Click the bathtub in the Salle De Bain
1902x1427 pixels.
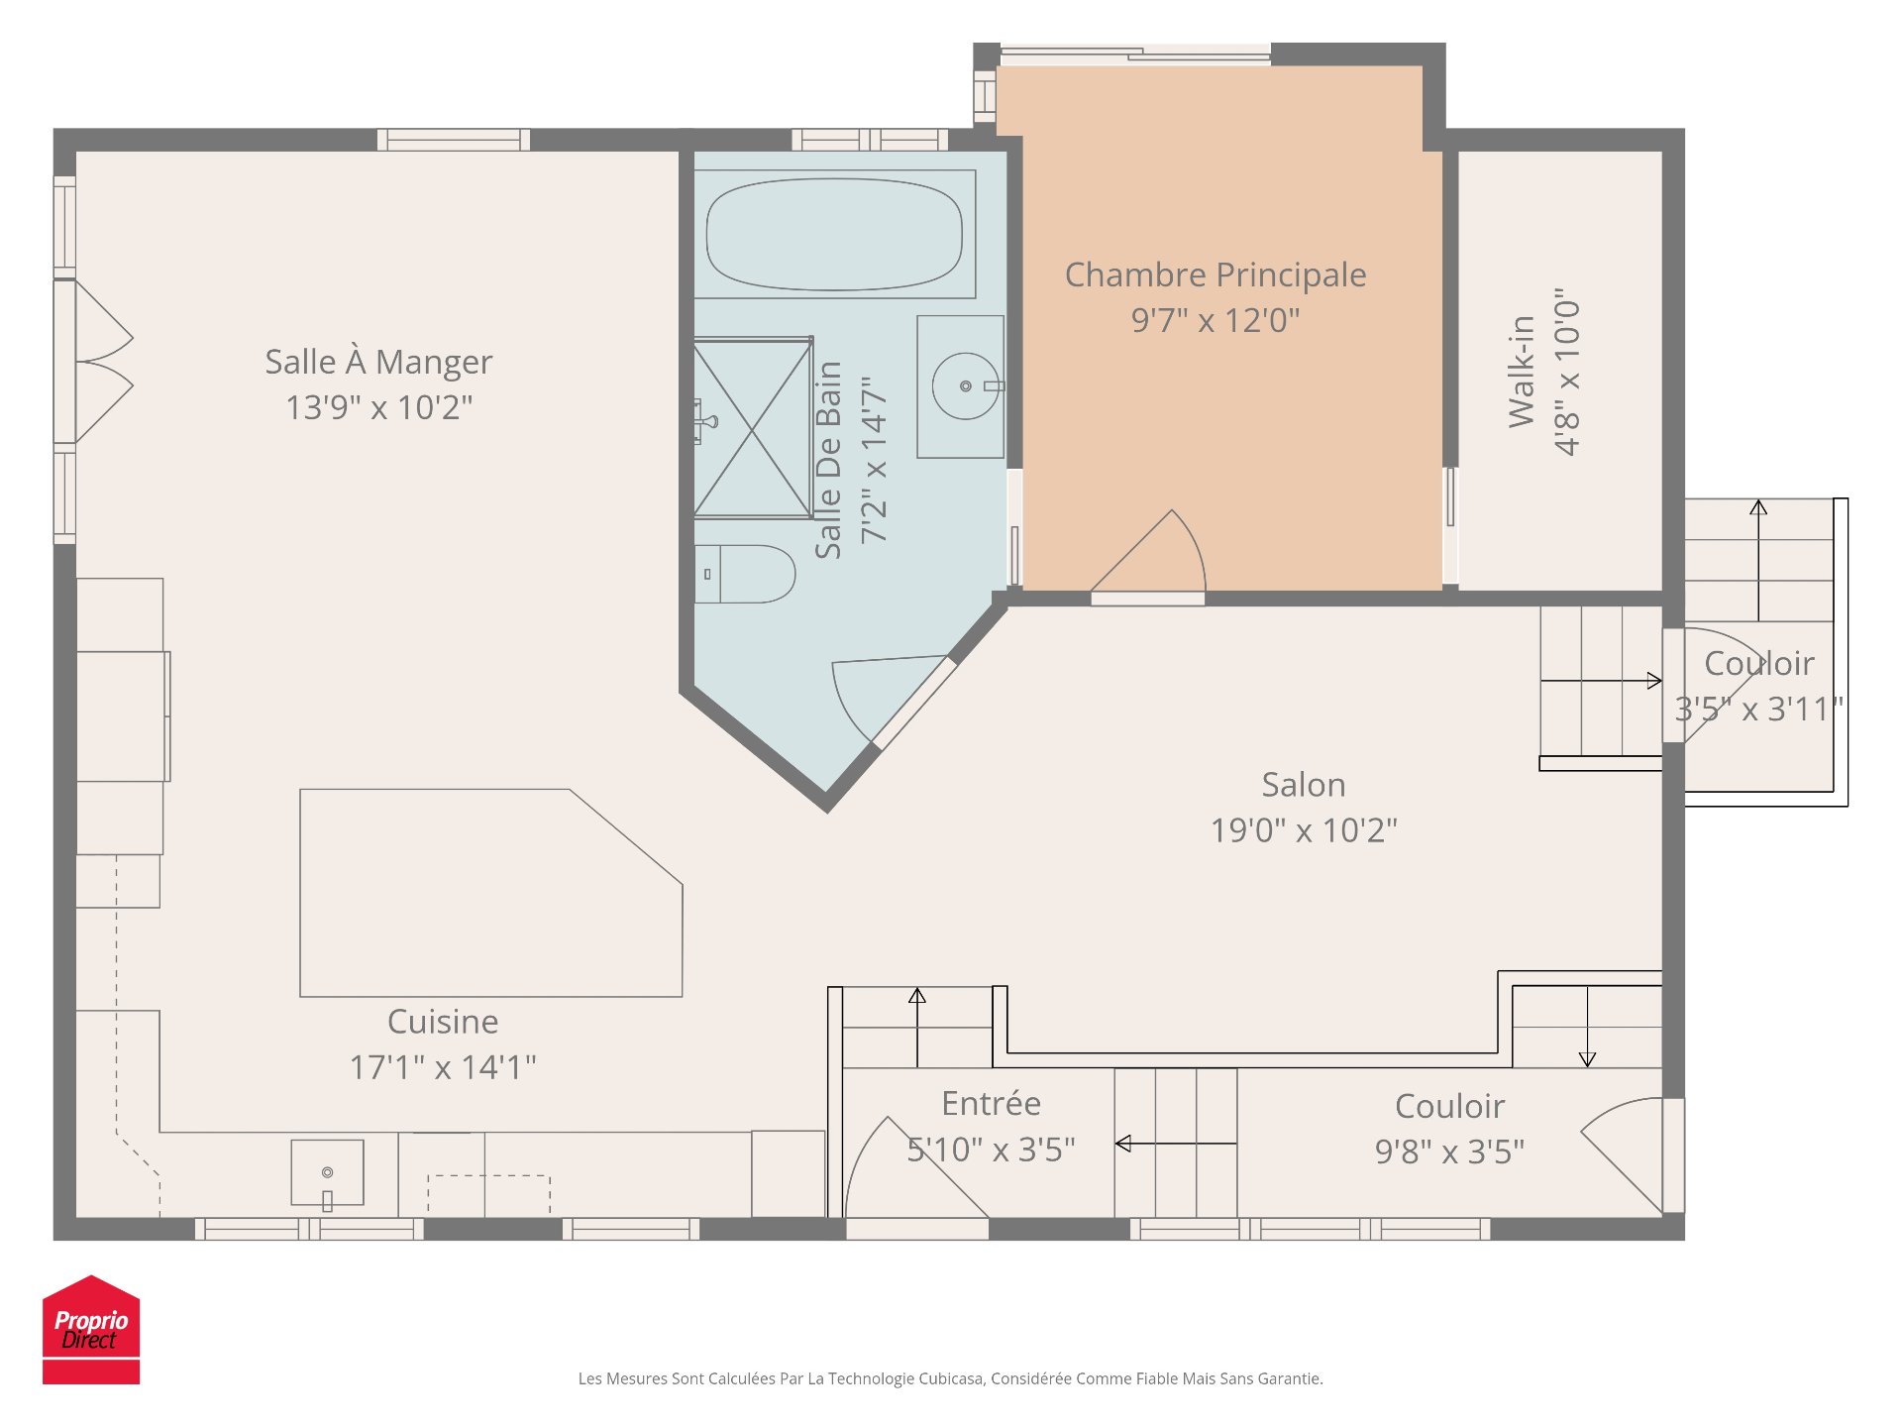(834, 235)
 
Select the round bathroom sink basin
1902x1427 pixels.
(964, 385)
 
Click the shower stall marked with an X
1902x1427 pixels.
(753, 428)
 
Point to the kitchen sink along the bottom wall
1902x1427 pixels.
(327, 1173)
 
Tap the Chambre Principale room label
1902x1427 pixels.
(1215, 274)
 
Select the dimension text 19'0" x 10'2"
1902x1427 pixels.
(1303, 829)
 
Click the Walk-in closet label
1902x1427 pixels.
(1522, 372)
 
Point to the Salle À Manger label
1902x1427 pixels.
(378, 362)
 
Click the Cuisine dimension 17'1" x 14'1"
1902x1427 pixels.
(443, 1067)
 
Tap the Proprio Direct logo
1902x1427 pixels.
(91, 1330)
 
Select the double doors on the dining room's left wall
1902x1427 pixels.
(99, 362)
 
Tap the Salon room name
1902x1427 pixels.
(1303, 785)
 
